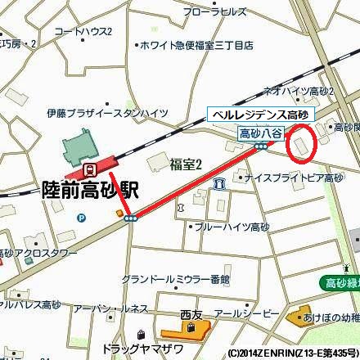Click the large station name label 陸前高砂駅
(x=90, y=191)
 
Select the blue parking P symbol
(x=81, y=218)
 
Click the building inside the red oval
(x=300, y=146)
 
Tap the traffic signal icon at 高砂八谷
(x=261, y=146)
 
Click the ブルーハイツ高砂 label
(x=233, y=227)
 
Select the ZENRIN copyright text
(x=290, y=353)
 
